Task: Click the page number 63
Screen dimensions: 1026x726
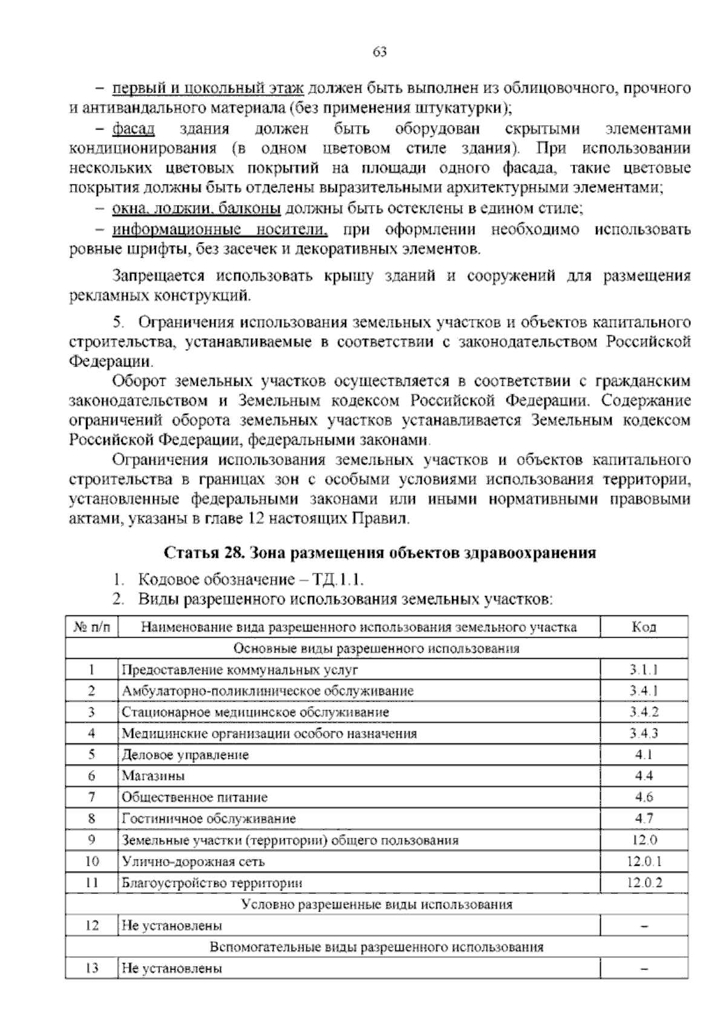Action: tap(380, 51)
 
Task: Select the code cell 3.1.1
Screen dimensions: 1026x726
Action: tap(644, 670)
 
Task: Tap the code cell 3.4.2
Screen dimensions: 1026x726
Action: tap(644, 712)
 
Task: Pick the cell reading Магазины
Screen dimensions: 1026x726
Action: tap(153, 776)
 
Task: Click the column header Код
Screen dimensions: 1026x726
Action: tap(644, 627)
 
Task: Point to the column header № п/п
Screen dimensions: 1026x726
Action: tap(91, 627)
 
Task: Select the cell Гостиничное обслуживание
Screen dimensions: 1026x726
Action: tap(209, 819)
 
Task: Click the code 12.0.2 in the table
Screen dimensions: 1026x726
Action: tap(644, 883)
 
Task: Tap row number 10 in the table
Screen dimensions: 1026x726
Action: tap(92, 861)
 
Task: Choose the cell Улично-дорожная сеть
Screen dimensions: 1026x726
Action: tap(193, 861)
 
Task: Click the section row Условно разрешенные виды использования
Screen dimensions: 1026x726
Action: tap(376, 904)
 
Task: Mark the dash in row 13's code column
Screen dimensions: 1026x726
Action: tap(644, 969)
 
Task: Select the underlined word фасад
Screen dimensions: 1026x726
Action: tap(134, 129)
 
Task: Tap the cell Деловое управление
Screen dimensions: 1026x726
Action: tap(185, 755)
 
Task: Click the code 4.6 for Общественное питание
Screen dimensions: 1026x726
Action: tap(644, 797)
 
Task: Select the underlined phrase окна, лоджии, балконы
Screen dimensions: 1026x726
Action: tap(196, 209)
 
